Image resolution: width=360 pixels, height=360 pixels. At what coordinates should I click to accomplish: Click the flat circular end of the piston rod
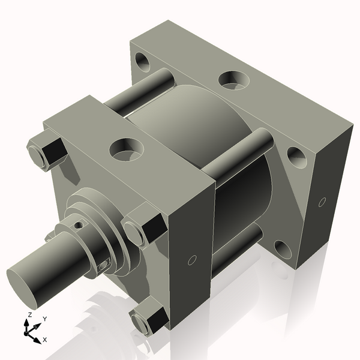coord(25,287)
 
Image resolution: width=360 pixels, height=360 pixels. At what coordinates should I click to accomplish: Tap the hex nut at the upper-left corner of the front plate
coord(47,152)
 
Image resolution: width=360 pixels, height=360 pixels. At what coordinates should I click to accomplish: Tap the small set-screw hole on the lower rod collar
coord(104,262)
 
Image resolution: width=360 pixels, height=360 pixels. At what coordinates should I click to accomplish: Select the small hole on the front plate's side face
coord(192,260)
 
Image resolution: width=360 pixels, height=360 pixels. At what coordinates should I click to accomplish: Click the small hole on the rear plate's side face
coord(322,202)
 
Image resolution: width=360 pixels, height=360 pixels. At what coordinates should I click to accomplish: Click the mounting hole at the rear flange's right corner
coord(296,157)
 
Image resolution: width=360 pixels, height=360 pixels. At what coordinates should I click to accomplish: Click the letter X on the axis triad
coord(45,340)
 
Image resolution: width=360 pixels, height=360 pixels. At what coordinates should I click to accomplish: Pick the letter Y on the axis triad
coord(44,319)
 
